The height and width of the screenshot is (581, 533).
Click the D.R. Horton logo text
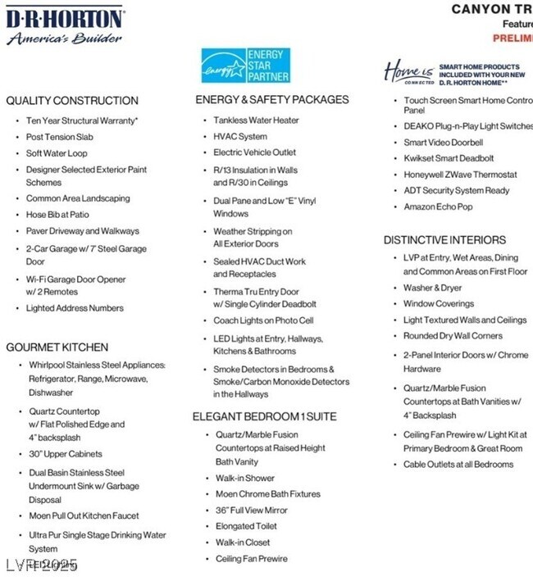coord(65,18)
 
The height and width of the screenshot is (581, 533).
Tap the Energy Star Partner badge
coord(245,66)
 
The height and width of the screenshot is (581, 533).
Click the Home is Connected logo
coord(408,72)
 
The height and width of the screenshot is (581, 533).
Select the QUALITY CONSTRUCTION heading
coord(72,101)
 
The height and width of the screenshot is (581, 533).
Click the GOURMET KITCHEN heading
coord(57,347)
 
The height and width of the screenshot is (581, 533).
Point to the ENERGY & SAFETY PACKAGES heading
coord(272,100)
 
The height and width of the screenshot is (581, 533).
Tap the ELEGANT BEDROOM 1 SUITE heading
coord(264,416)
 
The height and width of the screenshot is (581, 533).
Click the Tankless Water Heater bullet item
coord(256,120)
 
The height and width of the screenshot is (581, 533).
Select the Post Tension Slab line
coord(65,137)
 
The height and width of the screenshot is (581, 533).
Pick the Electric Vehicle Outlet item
coord(254,152)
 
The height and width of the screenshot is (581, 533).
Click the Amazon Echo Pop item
coord(438,207)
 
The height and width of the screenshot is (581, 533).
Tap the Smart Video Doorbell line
coord(443,143)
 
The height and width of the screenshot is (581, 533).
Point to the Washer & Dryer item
coord(432,288)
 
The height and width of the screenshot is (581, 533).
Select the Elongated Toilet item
coord(246,526)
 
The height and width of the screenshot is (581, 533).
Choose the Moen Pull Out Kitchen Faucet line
coord(84,515)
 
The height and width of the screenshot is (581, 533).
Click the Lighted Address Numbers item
coord(75,308)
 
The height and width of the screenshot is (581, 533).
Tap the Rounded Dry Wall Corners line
coord(453,336)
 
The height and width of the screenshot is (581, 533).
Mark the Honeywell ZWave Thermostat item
coord(460,175)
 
